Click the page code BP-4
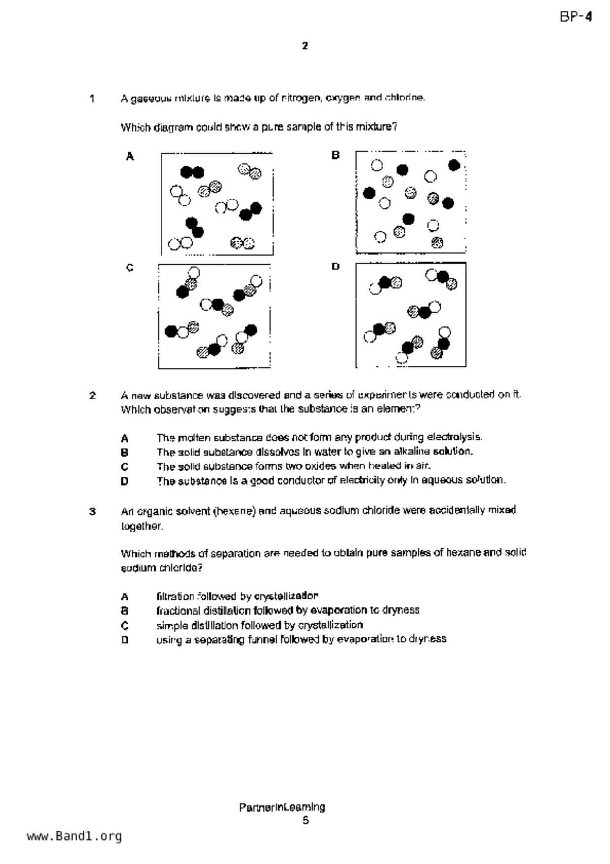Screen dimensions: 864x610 tap(576, 17)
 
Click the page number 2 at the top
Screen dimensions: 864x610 tap(305, 46)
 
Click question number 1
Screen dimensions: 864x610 tap(92, 99)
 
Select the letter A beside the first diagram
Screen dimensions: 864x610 tap(130, 157)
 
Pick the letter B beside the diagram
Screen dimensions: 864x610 tap(335, 155)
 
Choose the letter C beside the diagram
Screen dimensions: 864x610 tap(129, 268)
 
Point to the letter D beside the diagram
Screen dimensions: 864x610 tap(335, 267)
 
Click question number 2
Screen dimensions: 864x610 tap(92, 396)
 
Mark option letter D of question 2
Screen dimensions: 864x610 tap(125, 481)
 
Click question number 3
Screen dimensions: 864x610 tap(92, 511)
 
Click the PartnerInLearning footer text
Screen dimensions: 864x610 tap(282, 807)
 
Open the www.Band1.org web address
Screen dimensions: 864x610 tap(74, 836)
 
